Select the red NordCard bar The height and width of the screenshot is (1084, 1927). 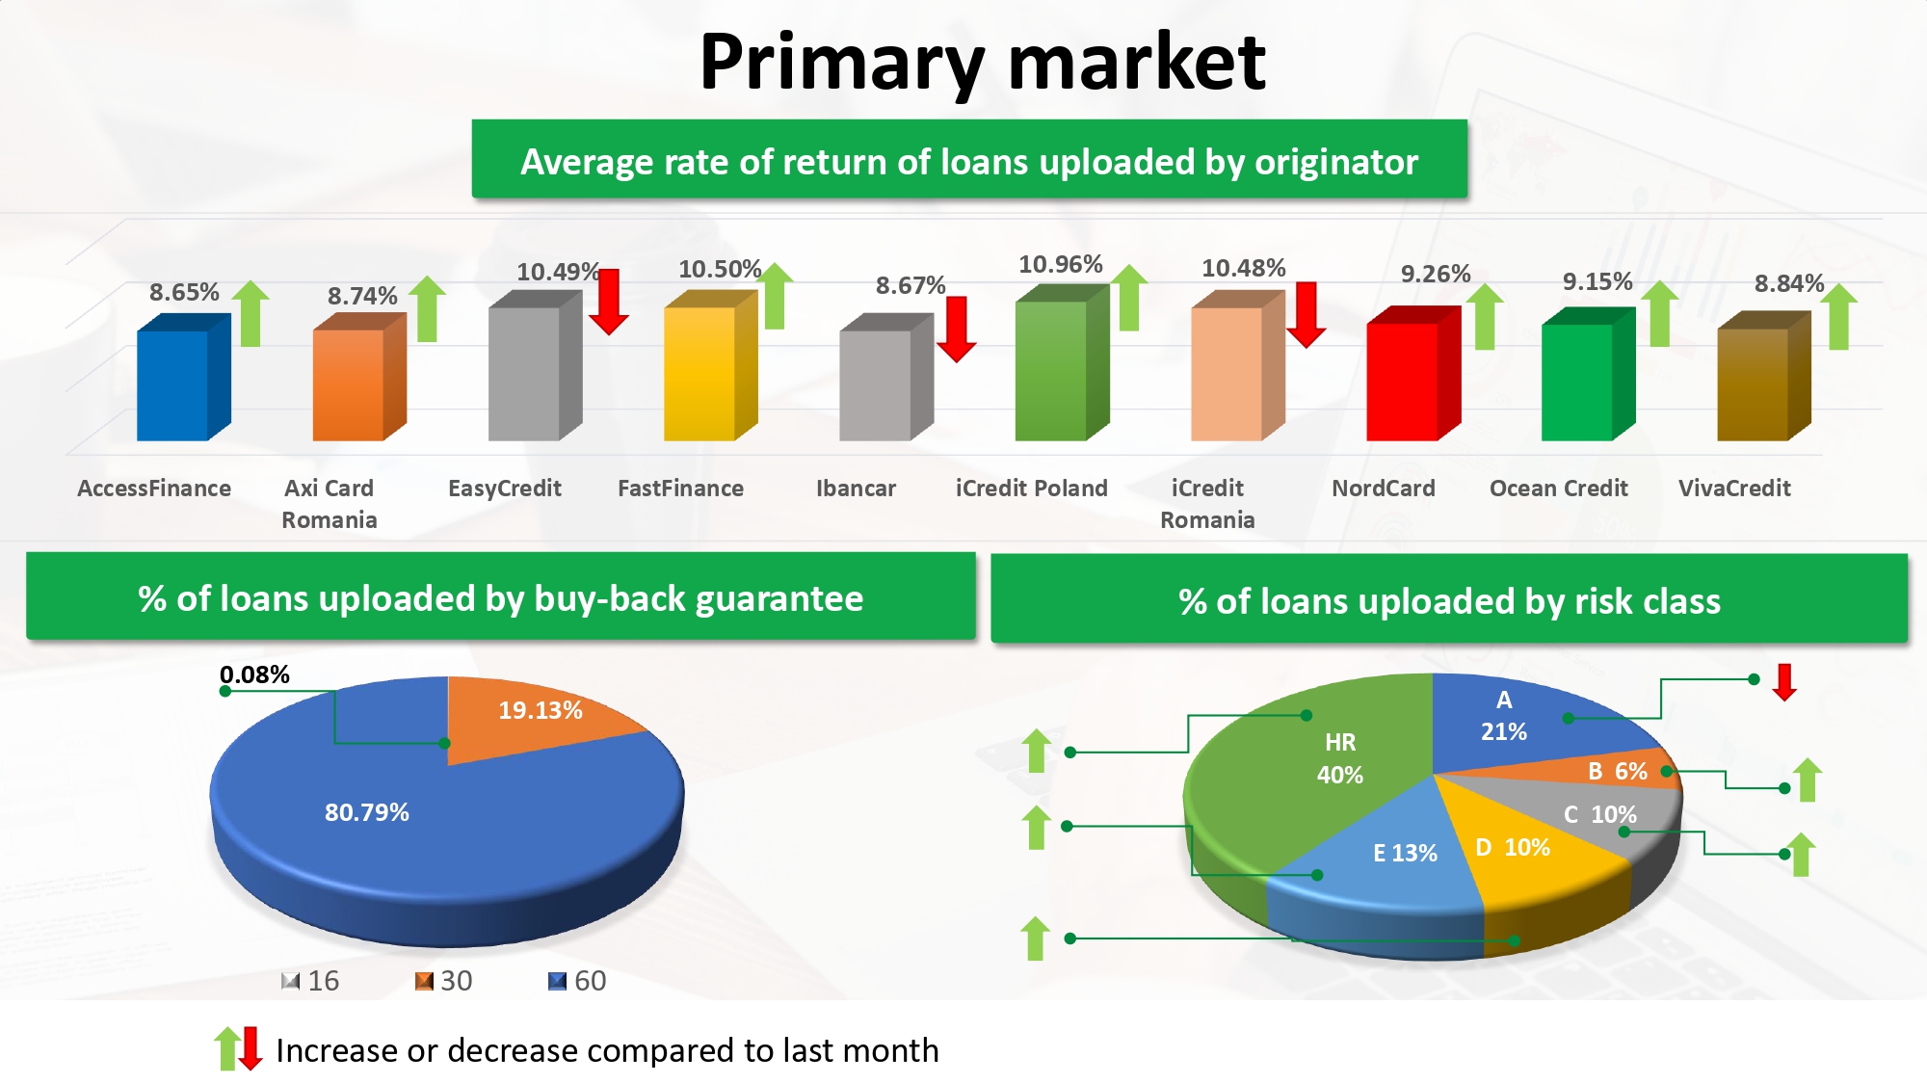(x=1413, y=374)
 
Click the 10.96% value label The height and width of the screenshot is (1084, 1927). (x=1060, y=264)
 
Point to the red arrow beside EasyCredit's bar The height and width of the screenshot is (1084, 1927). (x=609, y=302)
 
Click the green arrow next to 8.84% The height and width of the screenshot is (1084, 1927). (x=1838, y=316)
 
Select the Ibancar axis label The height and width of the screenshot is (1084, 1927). (x=856, y=489)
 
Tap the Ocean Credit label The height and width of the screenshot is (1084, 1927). (x=1558, y=489)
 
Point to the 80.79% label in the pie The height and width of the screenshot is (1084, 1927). (x=366, y=812)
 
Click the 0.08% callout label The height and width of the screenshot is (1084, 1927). (x=254, y=674)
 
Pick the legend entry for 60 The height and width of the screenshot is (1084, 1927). (x=577, y=981)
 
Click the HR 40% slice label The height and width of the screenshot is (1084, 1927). (x=1340, y=758)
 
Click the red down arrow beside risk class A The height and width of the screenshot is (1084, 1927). (x=1784, y=682)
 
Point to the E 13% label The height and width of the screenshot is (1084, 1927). (x=1405, y=853)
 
